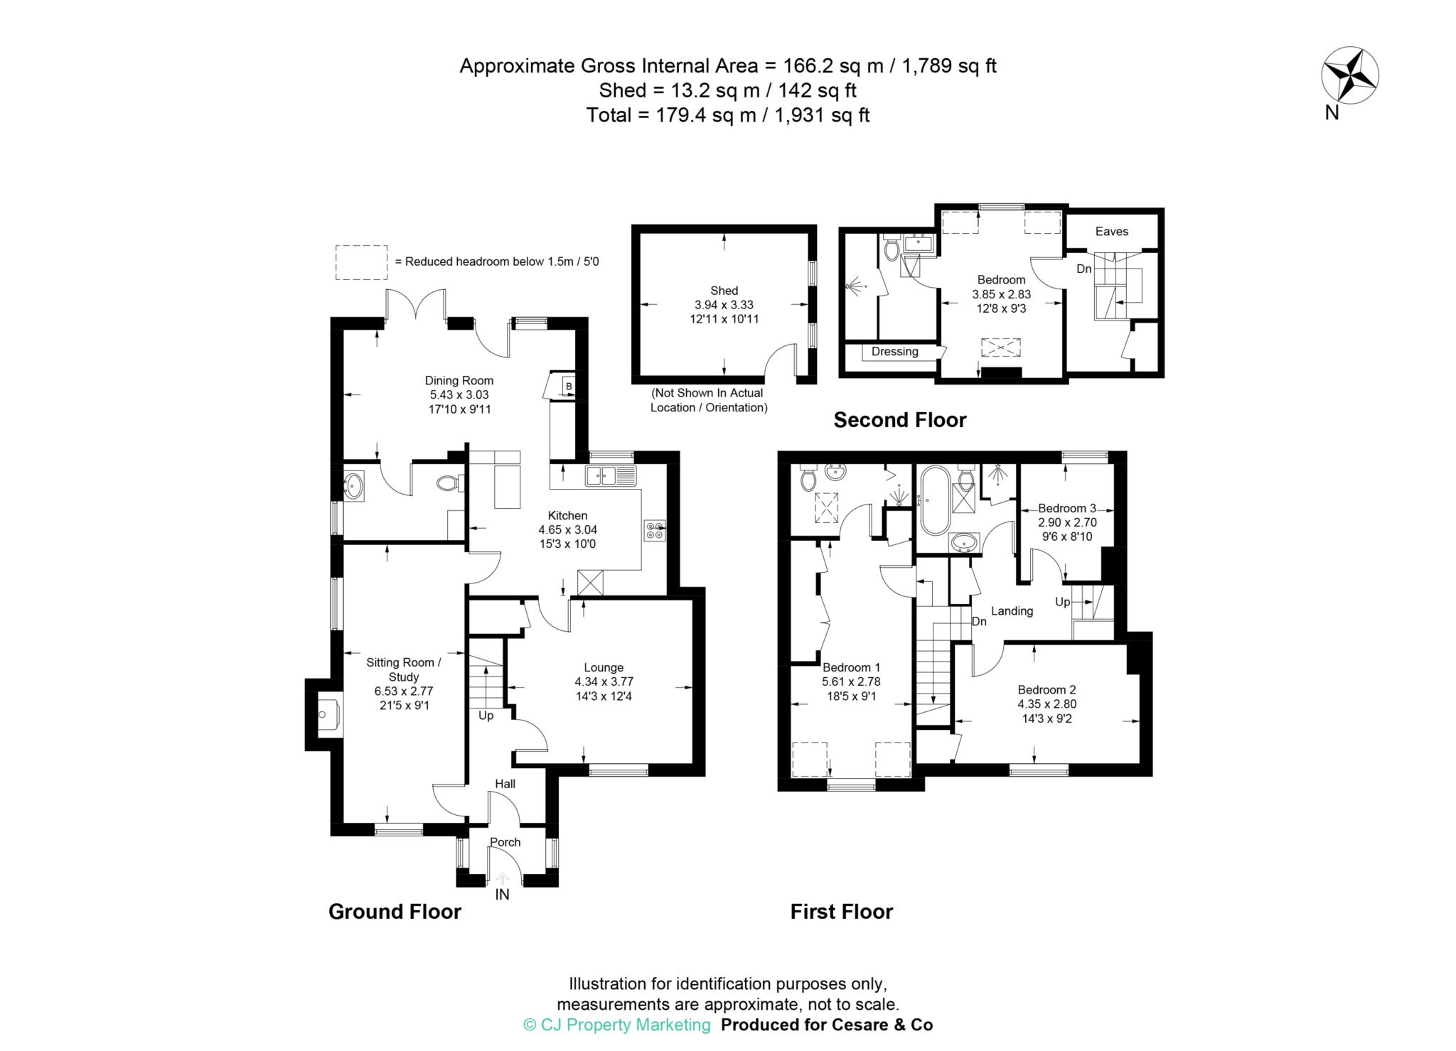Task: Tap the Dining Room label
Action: coord(459,381)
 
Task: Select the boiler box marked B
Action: coord(568,387)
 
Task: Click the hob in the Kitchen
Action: coord(654,531)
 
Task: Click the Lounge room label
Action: coord(604,667)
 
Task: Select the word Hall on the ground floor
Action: coord(505,784)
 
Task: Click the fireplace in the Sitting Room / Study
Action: coord(328,713)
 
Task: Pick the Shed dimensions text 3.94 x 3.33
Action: coord(724,305)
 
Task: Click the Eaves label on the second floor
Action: coord(1111,232)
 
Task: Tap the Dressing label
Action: coord(894,352)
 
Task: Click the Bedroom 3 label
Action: coord(1066,508)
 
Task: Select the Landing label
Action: coord(1012,611)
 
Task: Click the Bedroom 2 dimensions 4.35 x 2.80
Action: coord(1046,704)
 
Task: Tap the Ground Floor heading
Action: coord(395,912)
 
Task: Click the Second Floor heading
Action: coord(899,420)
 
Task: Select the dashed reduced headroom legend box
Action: coord(361,262)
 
